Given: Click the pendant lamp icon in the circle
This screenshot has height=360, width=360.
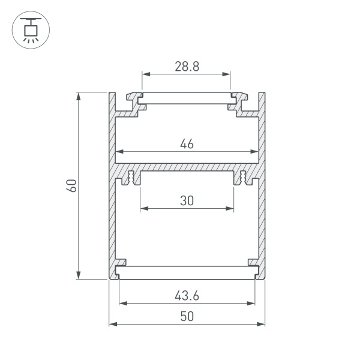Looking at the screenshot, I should [29, 29].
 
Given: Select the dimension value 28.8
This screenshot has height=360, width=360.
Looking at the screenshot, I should [187, 67].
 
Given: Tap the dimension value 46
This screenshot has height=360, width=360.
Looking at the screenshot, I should [187, 143].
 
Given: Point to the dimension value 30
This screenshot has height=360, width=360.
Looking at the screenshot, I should [187, 201].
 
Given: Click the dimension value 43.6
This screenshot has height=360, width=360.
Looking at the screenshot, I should [187, 295].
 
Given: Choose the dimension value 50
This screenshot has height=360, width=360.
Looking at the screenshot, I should [187, 316].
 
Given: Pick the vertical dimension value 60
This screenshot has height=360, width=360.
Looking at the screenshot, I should [71, 185].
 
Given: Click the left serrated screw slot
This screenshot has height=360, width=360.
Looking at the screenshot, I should [131, 178].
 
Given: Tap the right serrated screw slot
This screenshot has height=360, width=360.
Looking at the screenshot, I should [242, 178].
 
